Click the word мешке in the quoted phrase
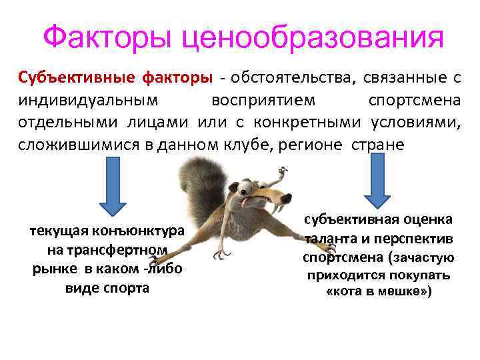coord(393,292)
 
